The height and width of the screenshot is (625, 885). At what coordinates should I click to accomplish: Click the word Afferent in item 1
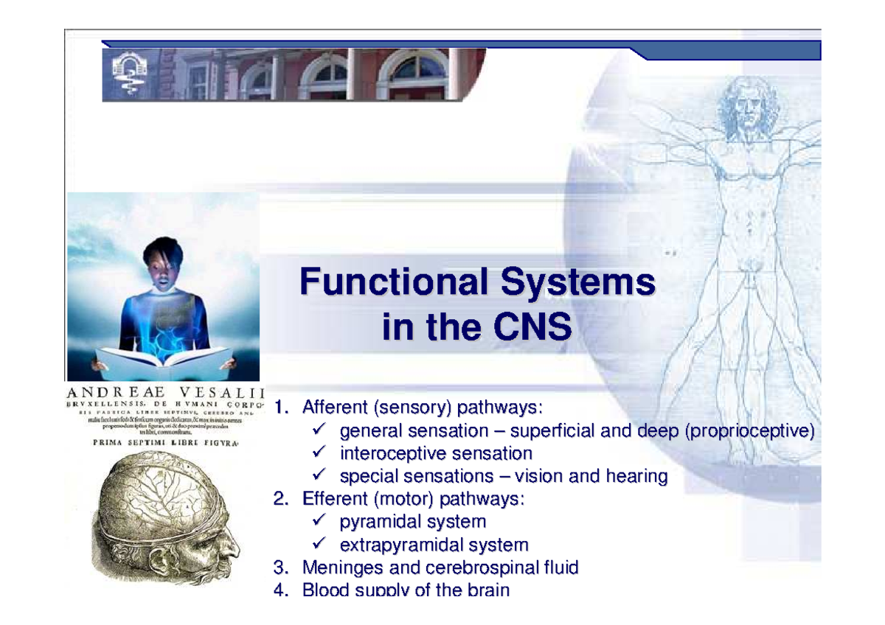(x=336, y=408)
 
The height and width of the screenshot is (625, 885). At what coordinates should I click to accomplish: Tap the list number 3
(x=280, y=568)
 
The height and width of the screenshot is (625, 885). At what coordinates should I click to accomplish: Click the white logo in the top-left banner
(x=129, y=74)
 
